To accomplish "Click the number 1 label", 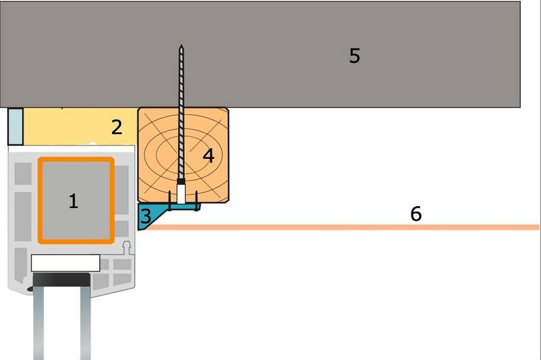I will (73, 201).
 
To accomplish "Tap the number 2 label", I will (117, 127).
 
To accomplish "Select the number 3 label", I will (145, 216).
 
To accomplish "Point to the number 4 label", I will (209, 156).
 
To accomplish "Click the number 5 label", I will (354, 56).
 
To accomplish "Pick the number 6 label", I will (416, 214).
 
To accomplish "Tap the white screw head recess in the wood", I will (180, 193).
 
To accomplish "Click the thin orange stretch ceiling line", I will (338, 228).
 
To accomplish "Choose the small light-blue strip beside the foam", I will (15, 126).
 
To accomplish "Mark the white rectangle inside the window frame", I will (65, 263).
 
